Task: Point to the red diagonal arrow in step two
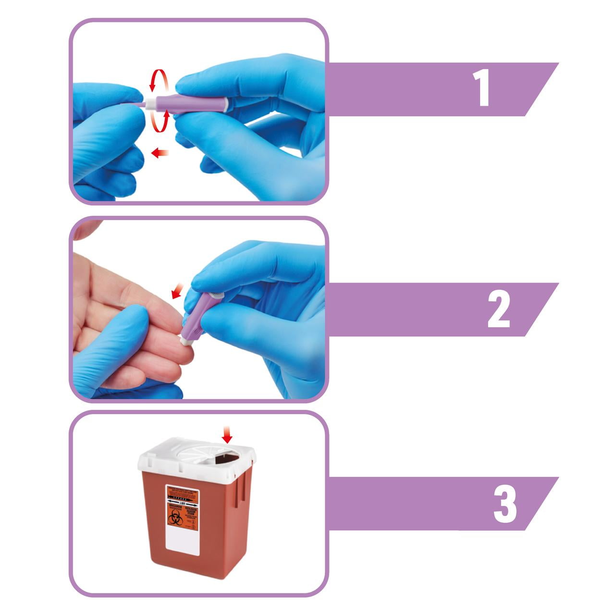(178, 290)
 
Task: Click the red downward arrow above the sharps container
(227, 436)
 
